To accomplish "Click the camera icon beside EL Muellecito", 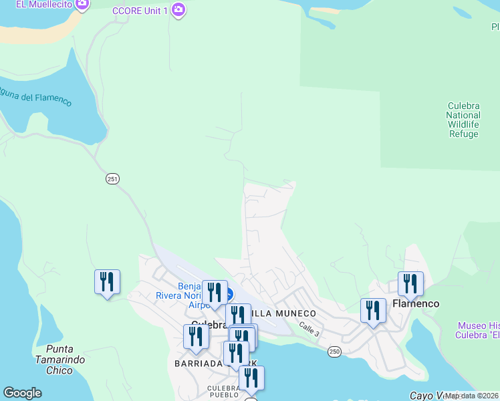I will click(x=82, y=5).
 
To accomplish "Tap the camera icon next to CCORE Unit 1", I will click(x=178, y=10).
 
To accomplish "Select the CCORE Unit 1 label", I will click(x=140, y=10).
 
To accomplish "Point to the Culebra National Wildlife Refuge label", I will click(x=463, y=120).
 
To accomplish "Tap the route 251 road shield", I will click(x=112, y=178).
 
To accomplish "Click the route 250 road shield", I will click(x=335, y=352).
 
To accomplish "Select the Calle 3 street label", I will click(x=309, y=329).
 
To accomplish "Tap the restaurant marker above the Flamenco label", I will click(x=410, y=283).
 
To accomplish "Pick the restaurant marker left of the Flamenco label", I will click(x=373, y=310).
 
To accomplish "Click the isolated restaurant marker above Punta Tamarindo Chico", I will click(x=107, y=282).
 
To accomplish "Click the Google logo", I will click(x=22, y=393).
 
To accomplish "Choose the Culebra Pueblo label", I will click(x=223, y=392).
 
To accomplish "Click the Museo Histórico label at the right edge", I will click(x=479, y=330).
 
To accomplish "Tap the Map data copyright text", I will click(x=472, y=396).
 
